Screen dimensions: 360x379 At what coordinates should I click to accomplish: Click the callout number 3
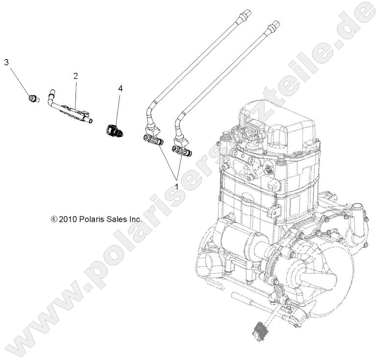point(6,62)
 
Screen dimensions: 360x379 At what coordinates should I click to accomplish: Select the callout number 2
point(75,76)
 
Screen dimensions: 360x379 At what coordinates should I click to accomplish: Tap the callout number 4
point(120,89)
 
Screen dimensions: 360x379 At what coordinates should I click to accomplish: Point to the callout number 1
point(176,186)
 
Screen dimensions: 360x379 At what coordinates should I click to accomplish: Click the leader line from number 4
point(118,109)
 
